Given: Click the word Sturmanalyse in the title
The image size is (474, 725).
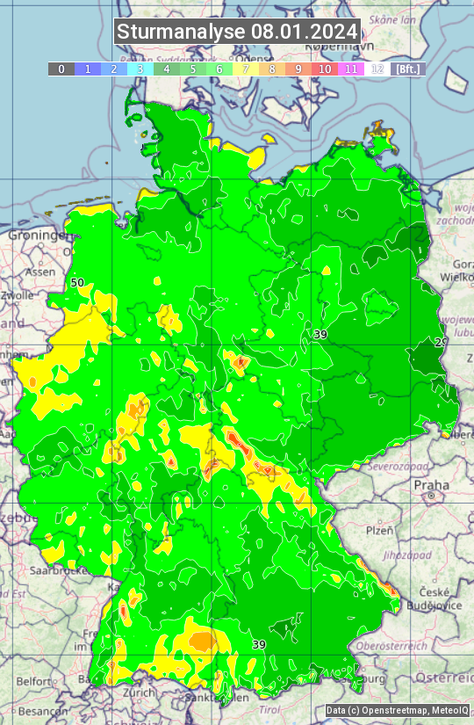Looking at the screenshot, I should (181, 33).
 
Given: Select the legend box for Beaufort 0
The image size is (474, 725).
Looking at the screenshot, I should (61, 69).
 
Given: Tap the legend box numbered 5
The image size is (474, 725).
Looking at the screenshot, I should (193, 69).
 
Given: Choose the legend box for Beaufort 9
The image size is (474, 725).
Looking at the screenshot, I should (298, 69).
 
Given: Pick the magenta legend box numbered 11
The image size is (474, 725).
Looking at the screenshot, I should (351, 69).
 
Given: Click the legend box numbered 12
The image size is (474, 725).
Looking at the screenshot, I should (377, 69).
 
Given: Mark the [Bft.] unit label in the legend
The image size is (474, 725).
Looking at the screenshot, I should (408, 69).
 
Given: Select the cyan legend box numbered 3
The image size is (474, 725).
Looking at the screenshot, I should (140, 69).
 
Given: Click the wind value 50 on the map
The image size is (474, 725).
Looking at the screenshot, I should (77, 283).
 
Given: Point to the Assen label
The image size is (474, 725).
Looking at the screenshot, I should (39, 272).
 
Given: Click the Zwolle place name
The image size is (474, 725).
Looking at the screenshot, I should (18, 295).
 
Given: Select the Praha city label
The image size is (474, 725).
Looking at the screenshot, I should (431, 484).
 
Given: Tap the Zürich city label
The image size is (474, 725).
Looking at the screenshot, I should (139, 692).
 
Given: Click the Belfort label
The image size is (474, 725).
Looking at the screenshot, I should (33, 681).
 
